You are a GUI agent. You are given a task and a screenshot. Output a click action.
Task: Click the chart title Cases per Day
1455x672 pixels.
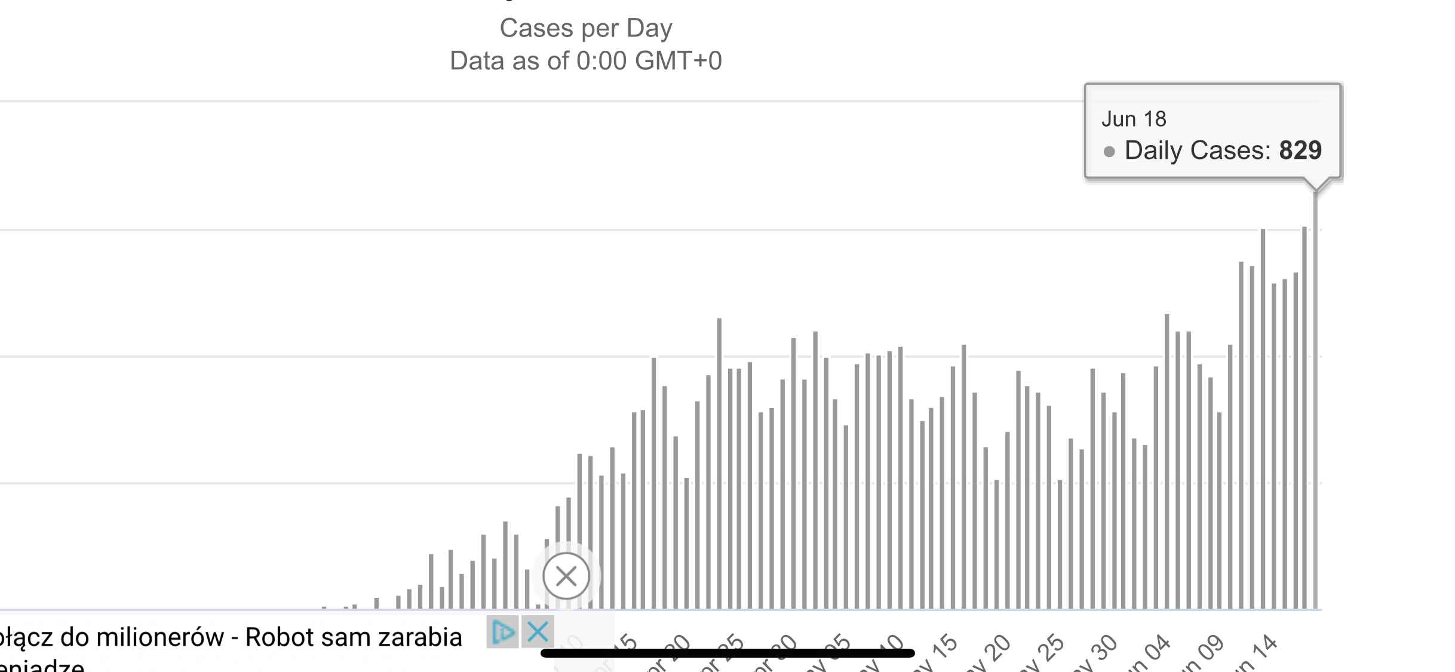(585, 28)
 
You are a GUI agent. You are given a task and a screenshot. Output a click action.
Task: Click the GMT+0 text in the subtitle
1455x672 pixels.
(679, 61)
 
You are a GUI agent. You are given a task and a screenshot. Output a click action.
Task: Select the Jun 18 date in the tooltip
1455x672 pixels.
(1134, 119)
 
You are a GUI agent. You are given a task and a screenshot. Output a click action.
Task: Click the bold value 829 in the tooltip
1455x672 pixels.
(1300, 151)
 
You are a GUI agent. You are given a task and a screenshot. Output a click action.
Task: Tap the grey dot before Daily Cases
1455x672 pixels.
(1109, 152)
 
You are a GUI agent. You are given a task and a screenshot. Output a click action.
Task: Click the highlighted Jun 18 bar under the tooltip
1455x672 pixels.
(1315, 400)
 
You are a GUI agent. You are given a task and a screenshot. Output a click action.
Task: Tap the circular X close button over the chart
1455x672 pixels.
(566, 576)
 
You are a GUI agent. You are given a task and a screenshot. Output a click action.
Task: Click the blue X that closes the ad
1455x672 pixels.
(538, 631)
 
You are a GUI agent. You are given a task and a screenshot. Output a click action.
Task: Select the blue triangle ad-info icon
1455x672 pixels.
(502, 631)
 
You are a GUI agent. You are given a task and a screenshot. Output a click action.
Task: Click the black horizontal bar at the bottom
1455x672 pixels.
(727, 653)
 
